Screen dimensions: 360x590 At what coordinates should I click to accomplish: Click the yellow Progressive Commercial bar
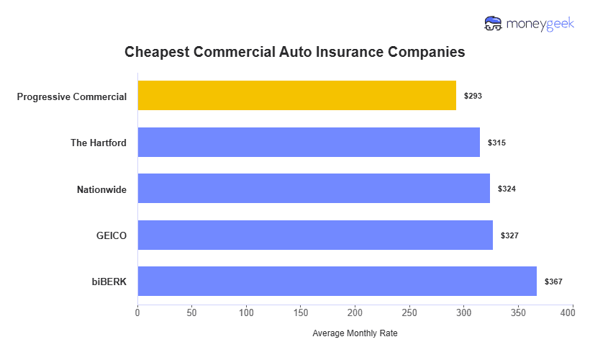point(296,96)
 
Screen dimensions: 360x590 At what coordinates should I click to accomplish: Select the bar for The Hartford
point(309,143)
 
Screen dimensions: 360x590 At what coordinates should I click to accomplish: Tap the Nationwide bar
point(314,189)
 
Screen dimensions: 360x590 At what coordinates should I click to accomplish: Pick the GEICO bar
point(315,235)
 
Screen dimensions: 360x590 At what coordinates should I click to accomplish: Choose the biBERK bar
point(337,282)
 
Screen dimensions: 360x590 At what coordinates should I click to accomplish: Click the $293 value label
point(473,96)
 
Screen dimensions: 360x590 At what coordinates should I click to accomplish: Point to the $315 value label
point(496,143)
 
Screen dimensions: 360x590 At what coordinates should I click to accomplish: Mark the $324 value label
point(507,189)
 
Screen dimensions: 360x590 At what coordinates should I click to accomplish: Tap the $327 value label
point(509,235)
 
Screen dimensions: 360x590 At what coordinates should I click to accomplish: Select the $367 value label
point(553,282)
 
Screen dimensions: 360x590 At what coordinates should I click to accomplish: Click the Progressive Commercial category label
point(72,96)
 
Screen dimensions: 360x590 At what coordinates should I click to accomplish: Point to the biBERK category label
point(109,282)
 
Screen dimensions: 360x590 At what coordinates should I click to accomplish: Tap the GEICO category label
point(111,235)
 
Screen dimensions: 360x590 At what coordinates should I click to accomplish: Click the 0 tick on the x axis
point(138,313)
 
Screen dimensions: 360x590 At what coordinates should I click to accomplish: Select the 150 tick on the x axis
point(301,313)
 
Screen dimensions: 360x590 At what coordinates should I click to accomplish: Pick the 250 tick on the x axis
point(409,313)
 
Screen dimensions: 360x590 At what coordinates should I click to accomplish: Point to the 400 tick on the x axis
point(573,313)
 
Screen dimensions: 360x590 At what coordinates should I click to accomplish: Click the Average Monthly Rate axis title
point(355,333)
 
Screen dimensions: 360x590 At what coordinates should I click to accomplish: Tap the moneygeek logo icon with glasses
point(494,24)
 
